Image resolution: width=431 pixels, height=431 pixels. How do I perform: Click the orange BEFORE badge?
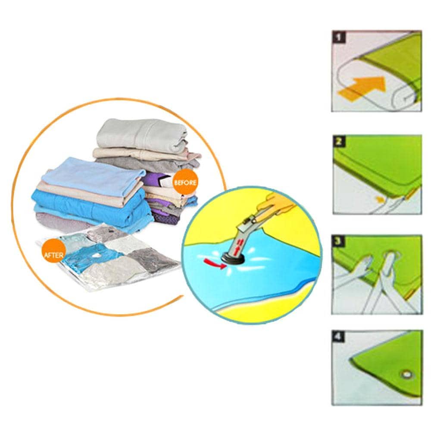pos(185,182)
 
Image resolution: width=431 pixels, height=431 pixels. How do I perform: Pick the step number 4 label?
pos(339,337)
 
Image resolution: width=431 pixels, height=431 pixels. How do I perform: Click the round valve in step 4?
pos(406,375)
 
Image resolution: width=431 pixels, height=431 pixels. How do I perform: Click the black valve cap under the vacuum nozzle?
pos(233,258)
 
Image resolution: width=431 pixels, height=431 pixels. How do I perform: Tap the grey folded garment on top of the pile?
pos(142,136)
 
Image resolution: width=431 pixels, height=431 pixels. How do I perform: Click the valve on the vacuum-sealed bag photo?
pos(95,255)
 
